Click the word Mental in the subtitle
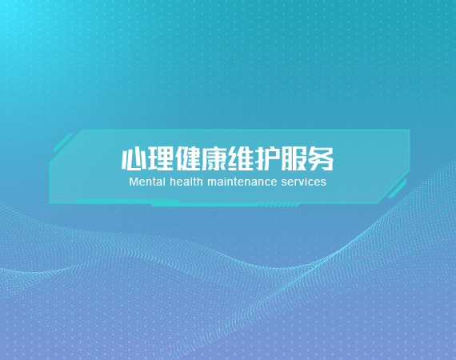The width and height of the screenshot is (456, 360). pos(147,182)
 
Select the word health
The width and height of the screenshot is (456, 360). pos(186,182)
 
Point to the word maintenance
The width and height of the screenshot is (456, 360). pos(242,182)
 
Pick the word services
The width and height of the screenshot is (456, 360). pos(304,182)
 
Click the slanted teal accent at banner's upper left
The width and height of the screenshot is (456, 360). pos(63,142)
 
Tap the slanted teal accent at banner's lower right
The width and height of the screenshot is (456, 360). pos(397,189)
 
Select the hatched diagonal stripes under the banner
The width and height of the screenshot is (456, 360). pos(279,206)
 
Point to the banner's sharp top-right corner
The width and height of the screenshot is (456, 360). pos(410,130)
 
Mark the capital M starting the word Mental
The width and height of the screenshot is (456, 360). pos(133,182)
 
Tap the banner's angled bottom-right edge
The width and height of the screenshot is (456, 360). pos(394,186)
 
